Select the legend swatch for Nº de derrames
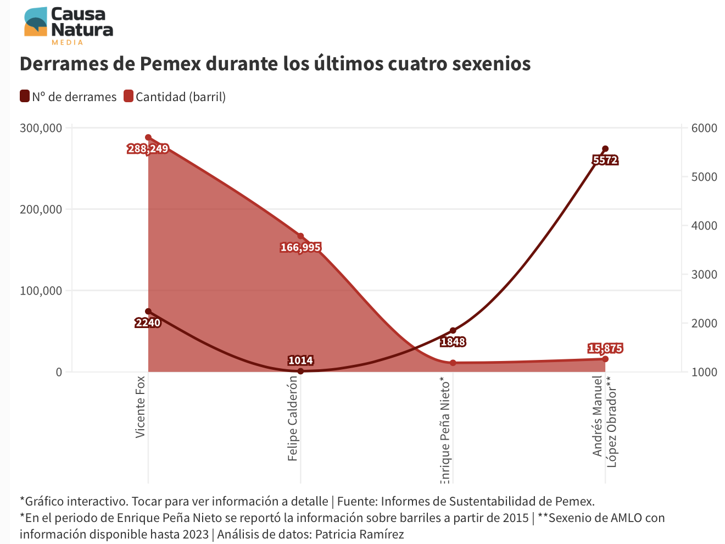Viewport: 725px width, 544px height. (25, 97)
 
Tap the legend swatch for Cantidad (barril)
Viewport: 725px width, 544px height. (129, 97)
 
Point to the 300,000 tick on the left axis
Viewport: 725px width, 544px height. (41, 128)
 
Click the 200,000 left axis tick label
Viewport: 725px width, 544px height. (41, 209)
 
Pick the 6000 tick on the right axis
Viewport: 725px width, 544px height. (704, 128)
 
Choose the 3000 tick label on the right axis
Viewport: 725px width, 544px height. (704, 275)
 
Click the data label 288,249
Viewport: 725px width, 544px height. (148, 148)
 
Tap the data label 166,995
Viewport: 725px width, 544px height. (300, 247)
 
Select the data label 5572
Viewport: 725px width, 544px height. (605, 160)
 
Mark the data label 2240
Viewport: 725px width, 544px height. (148, 323)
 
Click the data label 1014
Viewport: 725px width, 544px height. (300, 360)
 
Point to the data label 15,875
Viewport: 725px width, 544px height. (605, 348)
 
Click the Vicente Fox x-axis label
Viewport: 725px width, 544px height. (141, 407)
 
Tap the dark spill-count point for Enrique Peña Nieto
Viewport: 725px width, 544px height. (453, 331)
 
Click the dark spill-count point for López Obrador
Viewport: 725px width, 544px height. (605, 149)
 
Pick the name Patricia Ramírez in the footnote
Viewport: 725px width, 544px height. (359, 534)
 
